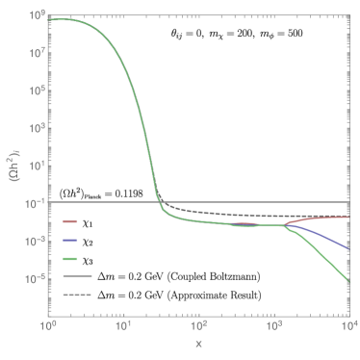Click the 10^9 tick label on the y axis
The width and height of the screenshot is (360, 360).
(x=36, y=14)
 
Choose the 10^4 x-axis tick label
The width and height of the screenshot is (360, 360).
(x=347, y=327)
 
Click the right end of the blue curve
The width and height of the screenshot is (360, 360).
(x=348, y=248)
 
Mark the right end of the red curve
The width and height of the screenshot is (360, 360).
(x=348, y=218)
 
